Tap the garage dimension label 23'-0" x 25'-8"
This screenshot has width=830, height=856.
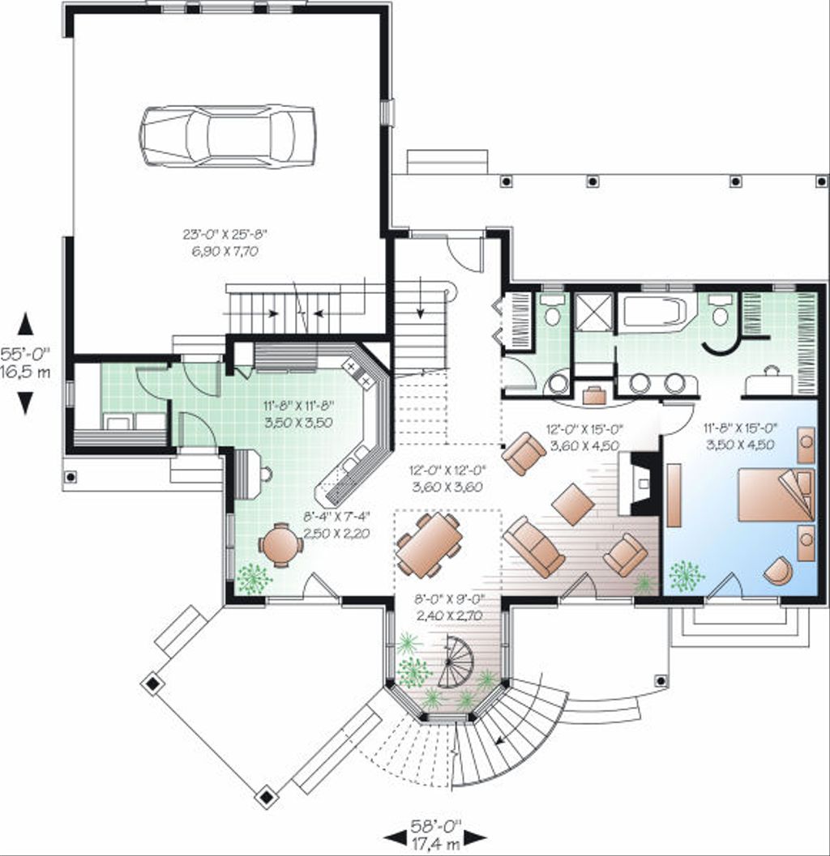pos(225,235)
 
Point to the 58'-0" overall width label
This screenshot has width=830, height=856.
pos(435,824)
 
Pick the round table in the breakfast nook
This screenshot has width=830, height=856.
pos(281,544)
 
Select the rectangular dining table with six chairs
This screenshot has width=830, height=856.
pos(429,544)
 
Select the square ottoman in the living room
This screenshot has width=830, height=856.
pos(573,504)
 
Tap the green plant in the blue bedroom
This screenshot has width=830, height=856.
pos(687,576)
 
